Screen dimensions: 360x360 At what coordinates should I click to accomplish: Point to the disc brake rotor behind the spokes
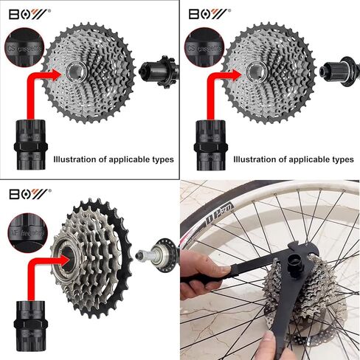[325, 325]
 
